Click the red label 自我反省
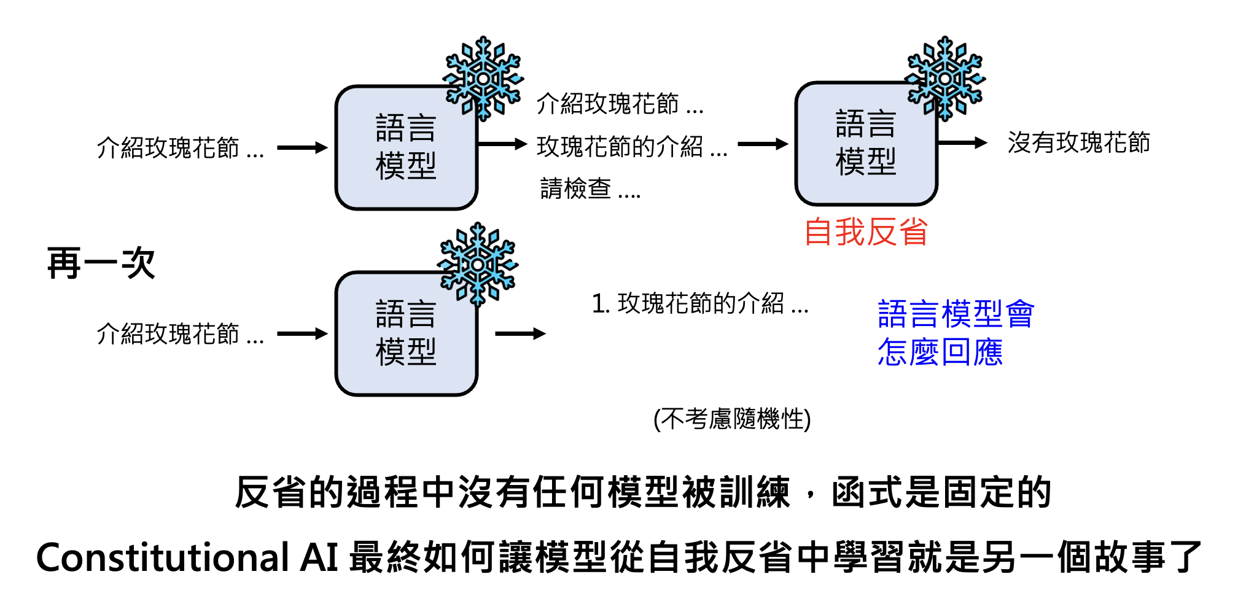pos(865,233)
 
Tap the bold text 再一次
pos(101,263)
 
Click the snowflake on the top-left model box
pos(483,79)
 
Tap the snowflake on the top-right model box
pos(945,78)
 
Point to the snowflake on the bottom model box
pos(478,265)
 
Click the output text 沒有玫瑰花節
pos(1078,143)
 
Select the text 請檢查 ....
pos(590,189)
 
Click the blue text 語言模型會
pos(956,314)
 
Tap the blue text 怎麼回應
pos(940,352)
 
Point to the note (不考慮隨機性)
pos(732,419)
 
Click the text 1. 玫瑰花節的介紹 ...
pos(700,303)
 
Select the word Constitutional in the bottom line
pos(163,557)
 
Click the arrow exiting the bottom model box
pos(520,334)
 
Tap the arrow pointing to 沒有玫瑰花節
pos(962,143)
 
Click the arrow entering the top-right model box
pos(762,144)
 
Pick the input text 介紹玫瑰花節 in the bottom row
pos(180,335)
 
